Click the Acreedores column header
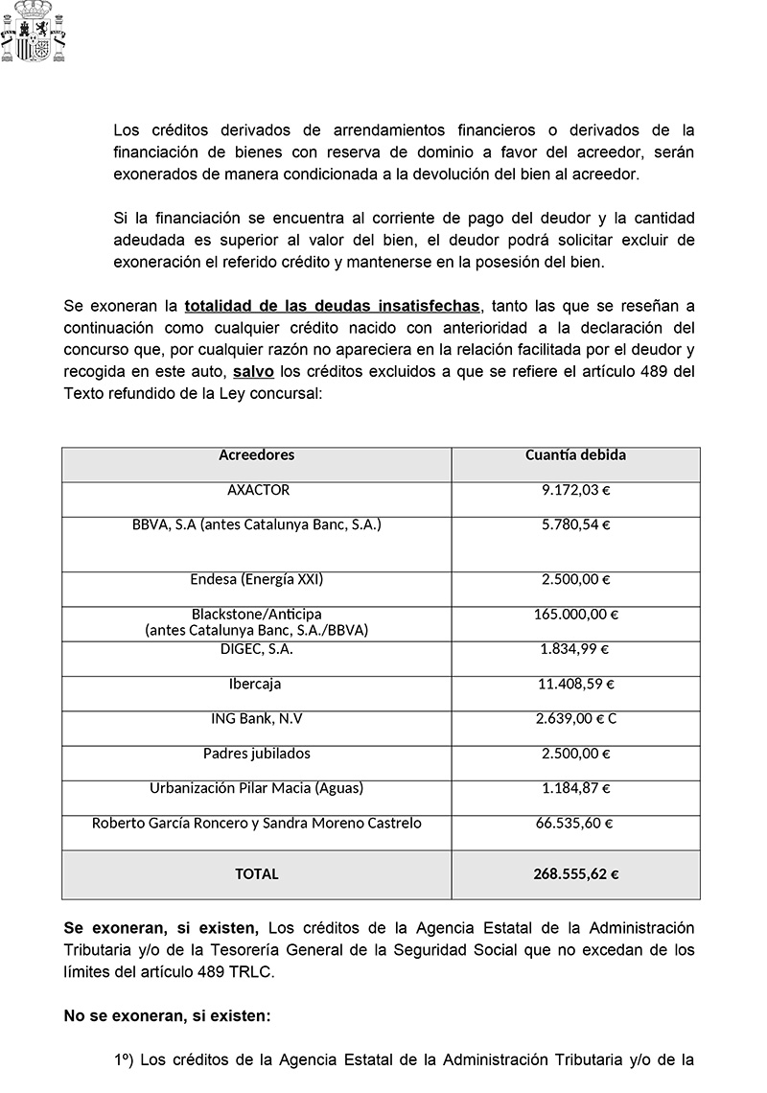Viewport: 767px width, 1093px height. pos(257,455)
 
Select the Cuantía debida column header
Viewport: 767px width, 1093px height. pos(575,455)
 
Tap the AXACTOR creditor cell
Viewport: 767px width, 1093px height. pos(258,490)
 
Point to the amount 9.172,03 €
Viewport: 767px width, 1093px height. pos(575,490)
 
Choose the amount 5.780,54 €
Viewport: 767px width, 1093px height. pos(575,524)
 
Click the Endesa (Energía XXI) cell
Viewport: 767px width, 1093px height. pos(257,579)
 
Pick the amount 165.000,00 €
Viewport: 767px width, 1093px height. pos(575,614)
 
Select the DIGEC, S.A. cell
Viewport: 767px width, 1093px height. pos(257,649)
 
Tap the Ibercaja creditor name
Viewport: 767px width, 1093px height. pos(257,685)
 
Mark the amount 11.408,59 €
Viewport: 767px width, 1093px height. pos(575,685)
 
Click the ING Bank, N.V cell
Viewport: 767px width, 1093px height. pos(257,719)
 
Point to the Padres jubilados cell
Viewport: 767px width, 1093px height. pos(257,754)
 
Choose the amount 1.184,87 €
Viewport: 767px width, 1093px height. pos(575,788)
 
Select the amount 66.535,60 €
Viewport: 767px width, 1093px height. pos(575,823)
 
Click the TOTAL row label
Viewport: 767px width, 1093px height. pos(257,873)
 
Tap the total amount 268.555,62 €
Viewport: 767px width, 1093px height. pos(575,873)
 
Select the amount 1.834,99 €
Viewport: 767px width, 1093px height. pos(575,649)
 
